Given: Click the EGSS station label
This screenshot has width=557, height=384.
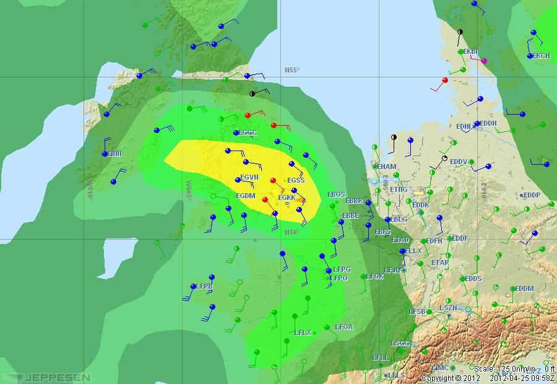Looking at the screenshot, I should coord(296,180).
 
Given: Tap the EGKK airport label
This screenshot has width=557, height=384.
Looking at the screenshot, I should coord(287,198).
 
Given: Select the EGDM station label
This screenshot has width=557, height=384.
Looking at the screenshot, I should coord(246,196).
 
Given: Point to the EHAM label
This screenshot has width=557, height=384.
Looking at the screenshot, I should coord(387,167).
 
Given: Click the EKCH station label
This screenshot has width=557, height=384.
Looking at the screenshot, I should coord(541,56).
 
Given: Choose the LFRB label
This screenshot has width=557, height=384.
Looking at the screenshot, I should coord(204,287).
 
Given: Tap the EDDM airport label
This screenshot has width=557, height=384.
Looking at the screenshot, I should coord(524,289).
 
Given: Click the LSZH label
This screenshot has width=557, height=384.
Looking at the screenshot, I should coord(449,308).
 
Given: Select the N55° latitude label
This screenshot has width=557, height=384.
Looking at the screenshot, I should coord(291,70).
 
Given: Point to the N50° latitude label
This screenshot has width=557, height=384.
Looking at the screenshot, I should coord(291,232).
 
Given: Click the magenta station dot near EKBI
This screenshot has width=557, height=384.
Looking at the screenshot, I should coord(484,61).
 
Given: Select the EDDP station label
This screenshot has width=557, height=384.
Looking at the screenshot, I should coord(532,195).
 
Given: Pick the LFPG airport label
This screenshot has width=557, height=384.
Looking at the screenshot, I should coord(342,270).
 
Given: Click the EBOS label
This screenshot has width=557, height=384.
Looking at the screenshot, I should coord(336,194).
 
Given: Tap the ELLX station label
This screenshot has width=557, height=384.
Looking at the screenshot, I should coord(413,251).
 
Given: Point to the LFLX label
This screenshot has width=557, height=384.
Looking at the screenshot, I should coord(303,333).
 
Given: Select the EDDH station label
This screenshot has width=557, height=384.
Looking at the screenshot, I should coord(488,123).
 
